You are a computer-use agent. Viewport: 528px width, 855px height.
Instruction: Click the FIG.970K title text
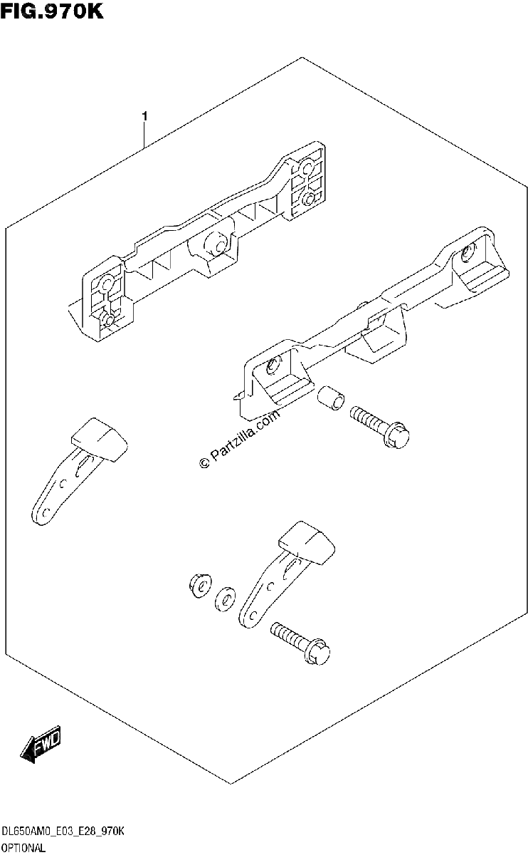coord(52,11)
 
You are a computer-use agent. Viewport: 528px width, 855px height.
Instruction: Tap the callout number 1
coord(145,116)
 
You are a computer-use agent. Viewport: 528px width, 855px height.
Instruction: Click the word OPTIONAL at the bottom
coord(23,848)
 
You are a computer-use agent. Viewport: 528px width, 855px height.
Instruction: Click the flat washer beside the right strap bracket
coord(226,599)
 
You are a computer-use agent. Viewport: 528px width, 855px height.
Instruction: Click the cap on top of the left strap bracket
coord(100,439)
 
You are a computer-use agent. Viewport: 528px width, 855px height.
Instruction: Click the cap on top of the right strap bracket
coord(307,542)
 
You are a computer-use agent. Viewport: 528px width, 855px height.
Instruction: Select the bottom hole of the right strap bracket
coord(252,616)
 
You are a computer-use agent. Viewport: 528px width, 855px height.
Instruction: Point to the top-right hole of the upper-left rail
coord(307,167)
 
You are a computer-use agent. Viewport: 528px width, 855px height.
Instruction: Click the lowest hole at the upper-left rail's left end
coord(108,319)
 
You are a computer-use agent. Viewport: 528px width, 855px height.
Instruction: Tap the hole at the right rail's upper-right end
coord(467,252)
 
